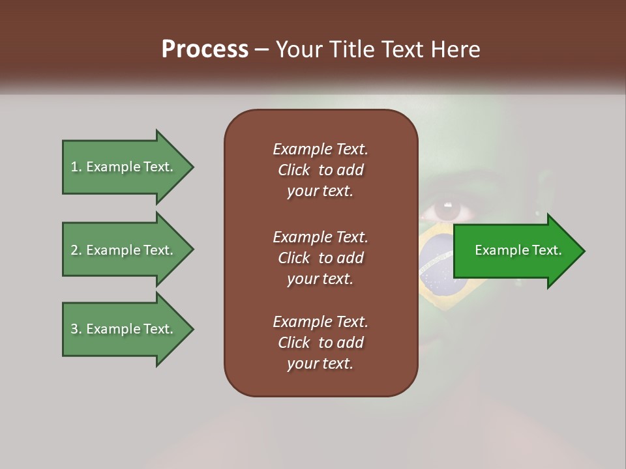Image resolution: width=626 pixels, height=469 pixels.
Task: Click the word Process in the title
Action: tap(205, 50)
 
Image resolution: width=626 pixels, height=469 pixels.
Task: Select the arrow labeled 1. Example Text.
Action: tap(124, 167)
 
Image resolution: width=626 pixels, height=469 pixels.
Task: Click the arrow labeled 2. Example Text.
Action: tap(124, 250)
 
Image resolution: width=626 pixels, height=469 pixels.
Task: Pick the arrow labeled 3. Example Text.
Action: tap(124, 329)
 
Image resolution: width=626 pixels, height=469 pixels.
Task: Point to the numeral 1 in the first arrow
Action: tap(74, 167)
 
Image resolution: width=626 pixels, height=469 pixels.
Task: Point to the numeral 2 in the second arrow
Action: tap(74, 250)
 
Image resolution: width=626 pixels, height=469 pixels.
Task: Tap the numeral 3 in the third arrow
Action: tap(74, 329)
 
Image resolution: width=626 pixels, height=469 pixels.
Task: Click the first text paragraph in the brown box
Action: tap(320, 170)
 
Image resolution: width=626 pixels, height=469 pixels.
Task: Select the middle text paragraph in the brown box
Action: tap(320, 258)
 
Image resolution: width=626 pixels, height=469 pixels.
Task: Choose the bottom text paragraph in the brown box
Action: tap(320, 343)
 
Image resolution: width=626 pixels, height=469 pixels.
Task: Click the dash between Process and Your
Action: tap(261, 50)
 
